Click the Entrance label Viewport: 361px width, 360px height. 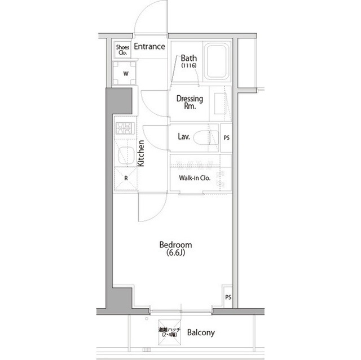[x=149, y=46]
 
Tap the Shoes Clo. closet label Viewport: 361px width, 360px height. [x=122, y=50]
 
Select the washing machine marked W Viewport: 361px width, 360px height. [x=125, y=73]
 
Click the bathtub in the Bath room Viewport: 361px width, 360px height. [x=217, y=61]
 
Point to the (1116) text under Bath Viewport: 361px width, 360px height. [x=189, y=65]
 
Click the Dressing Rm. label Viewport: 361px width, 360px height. [x=190, y=102]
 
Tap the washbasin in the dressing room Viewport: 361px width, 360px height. [x=221, y=104]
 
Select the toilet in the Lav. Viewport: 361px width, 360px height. [x=205, y=137]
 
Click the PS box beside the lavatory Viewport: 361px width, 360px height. [x=226, y=137]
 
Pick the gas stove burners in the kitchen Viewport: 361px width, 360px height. [x=125, y=128]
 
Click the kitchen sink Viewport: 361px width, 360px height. [x=126, y=155]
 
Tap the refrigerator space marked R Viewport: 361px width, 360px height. [x=126, y=179]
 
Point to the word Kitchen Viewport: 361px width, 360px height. [x=140, y=153]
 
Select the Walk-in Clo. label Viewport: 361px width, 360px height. [x=195, y=178]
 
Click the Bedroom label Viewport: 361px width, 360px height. [x=175, y=245]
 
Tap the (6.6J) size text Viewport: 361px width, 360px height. [x=175, y=252]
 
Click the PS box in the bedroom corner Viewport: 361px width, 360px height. [x=228, y=296]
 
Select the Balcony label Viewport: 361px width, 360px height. [x=201, y=332]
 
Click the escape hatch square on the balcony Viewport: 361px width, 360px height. [x=169, y=332]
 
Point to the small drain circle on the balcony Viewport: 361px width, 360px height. [x=147, y=319]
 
